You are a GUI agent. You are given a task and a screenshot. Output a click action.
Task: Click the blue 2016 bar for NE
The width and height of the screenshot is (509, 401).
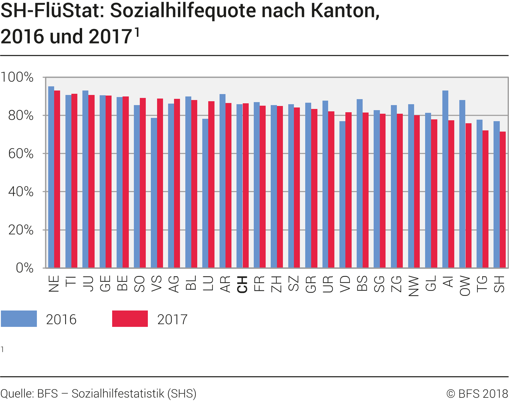tap(51, 177)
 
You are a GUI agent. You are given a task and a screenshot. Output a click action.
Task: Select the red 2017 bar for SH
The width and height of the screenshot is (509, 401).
tap(503, 199)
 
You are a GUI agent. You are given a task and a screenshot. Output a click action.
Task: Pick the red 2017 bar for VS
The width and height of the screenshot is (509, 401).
tap(160, 183)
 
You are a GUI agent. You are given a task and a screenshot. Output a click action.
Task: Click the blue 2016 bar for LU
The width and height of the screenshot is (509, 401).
tap(205, 194)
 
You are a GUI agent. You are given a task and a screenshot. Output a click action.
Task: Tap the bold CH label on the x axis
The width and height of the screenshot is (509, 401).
tap(242, 285)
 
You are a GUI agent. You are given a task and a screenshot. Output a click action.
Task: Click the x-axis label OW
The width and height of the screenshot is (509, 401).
tap(465, 286)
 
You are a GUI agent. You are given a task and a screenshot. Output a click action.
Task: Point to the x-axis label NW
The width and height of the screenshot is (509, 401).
tap(414, 286)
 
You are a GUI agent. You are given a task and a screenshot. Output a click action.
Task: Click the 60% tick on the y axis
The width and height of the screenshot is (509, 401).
tap(21, 154)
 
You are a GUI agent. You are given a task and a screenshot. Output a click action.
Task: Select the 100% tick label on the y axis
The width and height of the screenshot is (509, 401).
tap(17, 77)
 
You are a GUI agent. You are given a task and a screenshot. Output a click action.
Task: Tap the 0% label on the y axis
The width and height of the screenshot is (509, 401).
tap(24, 268)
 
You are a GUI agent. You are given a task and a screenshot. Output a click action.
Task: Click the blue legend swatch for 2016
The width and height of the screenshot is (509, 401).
tap(19, 319)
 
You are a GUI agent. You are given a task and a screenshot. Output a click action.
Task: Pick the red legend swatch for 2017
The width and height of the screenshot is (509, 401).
tap(130, 319)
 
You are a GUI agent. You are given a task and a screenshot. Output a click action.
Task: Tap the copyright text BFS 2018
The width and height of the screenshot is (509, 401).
tap(477, 394)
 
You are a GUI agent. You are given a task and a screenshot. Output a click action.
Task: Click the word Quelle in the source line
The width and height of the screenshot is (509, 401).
tap(16, 394)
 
